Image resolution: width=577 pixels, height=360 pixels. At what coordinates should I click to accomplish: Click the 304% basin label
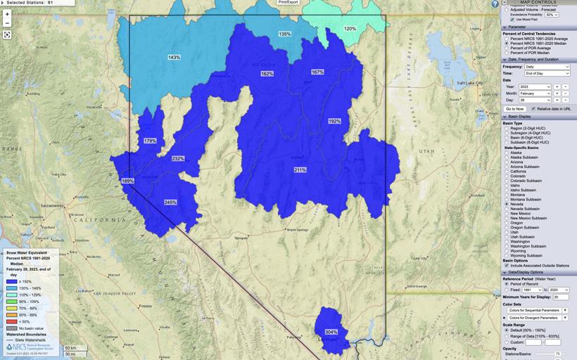click(x=331, y=332)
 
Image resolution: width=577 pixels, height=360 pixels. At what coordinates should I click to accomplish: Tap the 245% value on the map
click(x=170, y=202)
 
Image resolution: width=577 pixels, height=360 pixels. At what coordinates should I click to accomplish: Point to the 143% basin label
click(x=174, y=58)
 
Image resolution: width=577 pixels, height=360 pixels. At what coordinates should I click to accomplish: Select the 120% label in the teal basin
click(x=350, y=29)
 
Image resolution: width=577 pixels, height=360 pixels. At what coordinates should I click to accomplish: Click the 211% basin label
click(x=300, y=170)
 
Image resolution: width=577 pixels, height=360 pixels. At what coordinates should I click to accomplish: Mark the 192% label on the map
click(x=334, y=122)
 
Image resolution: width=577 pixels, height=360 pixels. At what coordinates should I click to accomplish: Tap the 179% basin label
click(x=150, y=141)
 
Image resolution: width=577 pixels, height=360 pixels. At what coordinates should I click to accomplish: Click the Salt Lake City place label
click(x=469, y=83)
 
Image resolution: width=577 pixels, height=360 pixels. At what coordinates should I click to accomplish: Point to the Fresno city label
click(x=146, y=307)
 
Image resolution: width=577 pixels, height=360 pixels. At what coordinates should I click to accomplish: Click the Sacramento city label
click(x=53, y=205)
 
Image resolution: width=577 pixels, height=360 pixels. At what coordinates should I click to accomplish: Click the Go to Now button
click(x=514, y=109)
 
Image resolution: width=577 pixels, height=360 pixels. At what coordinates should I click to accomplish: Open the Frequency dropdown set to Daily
click(x=547, y=66)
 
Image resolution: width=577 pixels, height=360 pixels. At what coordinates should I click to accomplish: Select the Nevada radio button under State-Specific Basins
click(x=507, y=205)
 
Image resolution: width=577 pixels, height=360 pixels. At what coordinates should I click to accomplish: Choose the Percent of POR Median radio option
click(x=507, y=53)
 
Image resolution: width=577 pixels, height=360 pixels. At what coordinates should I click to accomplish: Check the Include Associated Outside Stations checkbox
click(x=507, y=265)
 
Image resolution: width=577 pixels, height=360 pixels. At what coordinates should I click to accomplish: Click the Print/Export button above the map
click(x=288, y=2)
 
